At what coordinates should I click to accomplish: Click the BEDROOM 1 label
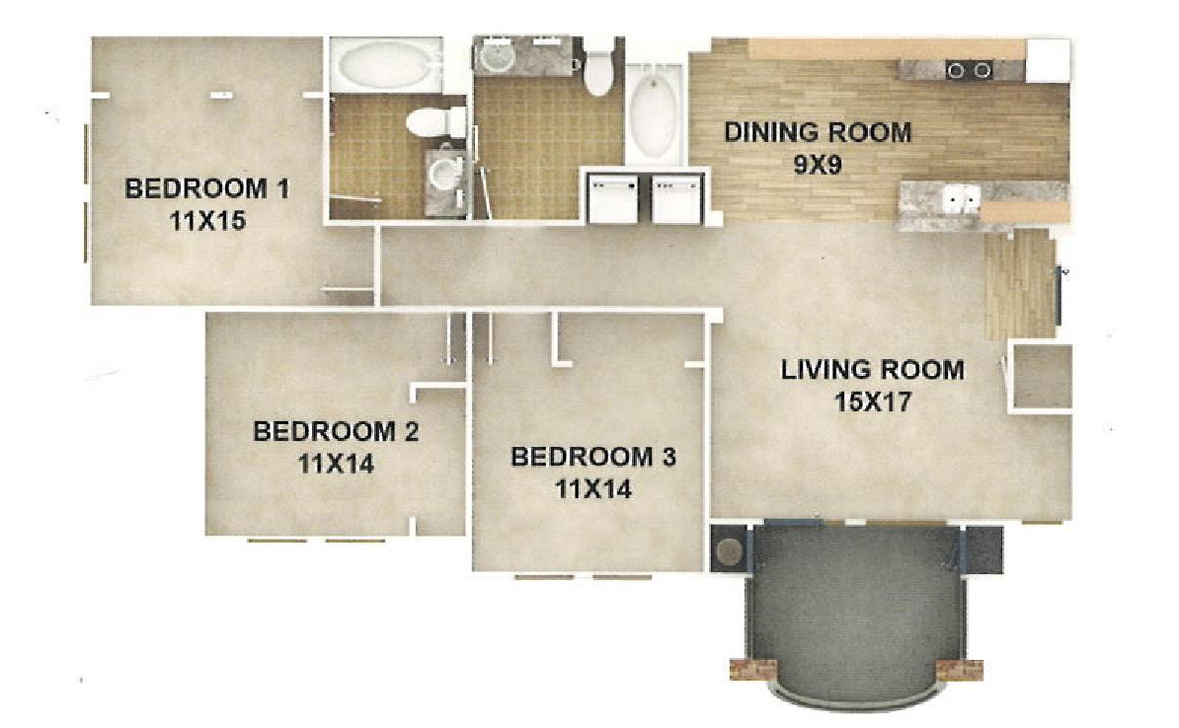click(206, 187)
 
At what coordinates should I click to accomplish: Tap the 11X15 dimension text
click(207, 221)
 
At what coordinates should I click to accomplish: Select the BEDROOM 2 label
click(336, 431)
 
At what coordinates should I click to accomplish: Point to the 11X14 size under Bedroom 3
click(593, 489)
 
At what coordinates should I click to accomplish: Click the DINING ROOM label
click(818, 133)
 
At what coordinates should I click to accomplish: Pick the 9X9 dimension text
click(818, 165)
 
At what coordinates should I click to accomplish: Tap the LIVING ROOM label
click(872, 370)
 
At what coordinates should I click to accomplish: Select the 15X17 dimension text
click(873, 401)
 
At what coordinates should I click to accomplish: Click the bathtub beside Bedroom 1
click(382, 64)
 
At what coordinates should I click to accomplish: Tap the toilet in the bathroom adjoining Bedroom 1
click(435, 121)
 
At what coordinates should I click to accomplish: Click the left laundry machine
click(613, 198)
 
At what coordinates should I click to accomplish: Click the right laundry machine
click(676, 198)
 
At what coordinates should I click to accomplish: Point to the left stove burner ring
click(956, 71)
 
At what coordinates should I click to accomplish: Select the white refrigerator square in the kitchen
click(1048, 60)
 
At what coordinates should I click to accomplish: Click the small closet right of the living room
click(1042, 377)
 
